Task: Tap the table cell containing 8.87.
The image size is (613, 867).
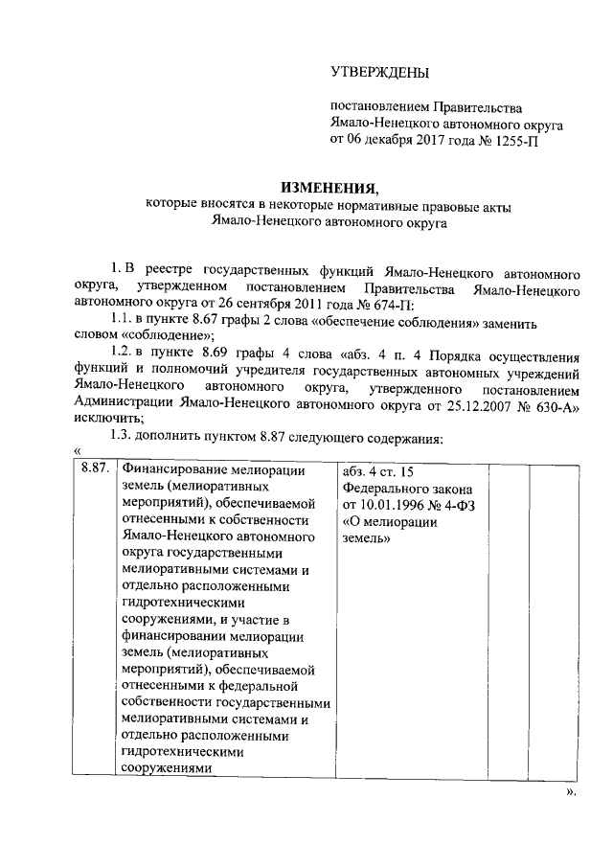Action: (94, 469)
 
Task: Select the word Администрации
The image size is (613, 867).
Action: (125, 405)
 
